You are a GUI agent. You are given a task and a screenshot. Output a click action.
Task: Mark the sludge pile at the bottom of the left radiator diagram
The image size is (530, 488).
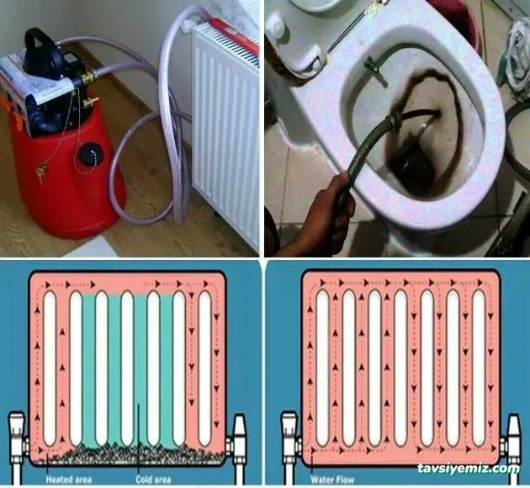point(126,454)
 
